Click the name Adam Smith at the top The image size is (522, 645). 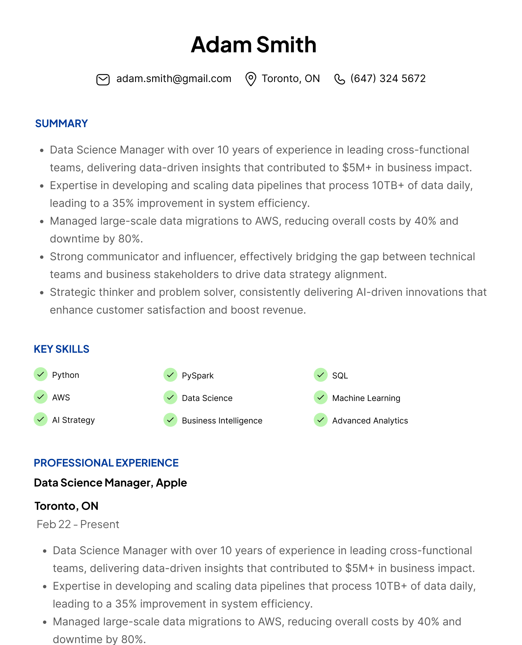(x=254, y=45)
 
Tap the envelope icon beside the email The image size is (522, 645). (x=103, y=79)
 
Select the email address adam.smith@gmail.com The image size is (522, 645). (x=174, y=79)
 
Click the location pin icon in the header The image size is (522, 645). (x=251, y=79)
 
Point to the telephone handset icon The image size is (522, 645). (x=340, y=79)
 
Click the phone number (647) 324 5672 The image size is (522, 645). (x=388, y=79)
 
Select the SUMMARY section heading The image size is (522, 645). (x=62, y=124)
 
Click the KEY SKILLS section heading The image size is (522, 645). (x=62, y=349)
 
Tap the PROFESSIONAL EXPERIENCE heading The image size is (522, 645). (x=106, y=463)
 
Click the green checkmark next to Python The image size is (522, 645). (x=41, y=375)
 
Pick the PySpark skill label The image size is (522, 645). (x=198, y=376)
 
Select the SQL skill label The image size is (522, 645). (x=340, y=376)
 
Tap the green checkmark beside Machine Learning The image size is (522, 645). (x=320, y=397)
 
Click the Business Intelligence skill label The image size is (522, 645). (x=222, y=421)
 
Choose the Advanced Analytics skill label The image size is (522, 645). (x=370, y=421)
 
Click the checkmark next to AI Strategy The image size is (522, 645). (x=41, y=419)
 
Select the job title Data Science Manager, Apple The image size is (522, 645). (x=110, y=483)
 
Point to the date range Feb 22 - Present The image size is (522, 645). (x=78, y=524)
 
